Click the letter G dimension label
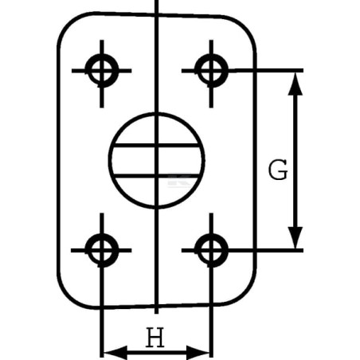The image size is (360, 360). pos(278,170)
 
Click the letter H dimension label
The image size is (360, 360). pos(155,337)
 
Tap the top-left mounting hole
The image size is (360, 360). pos(102,71)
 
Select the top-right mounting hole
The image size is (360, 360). pos(211,71)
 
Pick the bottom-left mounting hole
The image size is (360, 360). pos(102,250)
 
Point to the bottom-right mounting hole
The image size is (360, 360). pos(211,250)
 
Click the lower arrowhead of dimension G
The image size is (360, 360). pos(295,238)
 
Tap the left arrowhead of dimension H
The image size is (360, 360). pos(115,353)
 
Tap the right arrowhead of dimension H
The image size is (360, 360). pos(198,353)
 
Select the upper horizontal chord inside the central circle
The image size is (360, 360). pos(157,145)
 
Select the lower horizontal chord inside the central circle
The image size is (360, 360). pos(157,176)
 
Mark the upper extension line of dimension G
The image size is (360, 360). pos(265,70)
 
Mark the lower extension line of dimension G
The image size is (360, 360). pos(265,250)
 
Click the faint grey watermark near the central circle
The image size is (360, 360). pos(179,181)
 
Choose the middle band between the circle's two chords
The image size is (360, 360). pos(133,161)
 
